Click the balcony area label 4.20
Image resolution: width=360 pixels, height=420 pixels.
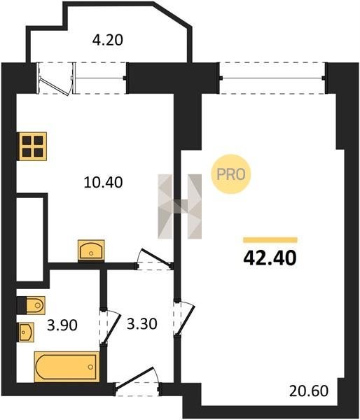pyautogui.click(x=107, y=40)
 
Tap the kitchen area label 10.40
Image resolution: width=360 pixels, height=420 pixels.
pyautogui.click(x=103, y=183)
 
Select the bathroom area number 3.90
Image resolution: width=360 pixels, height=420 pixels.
pyautogui.click(x=62, y=325)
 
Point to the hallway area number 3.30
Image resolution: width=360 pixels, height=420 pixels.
pyautogui.click(x=141, y=324)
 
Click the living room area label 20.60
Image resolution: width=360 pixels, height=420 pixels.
pyautogui.click(x=309, y=391)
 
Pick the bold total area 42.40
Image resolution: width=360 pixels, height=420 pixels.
pyautogui.click(x=270, y=258)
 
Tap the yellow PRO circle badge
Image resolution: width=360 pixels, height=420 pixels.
pyautogui.click(x=231, y=174)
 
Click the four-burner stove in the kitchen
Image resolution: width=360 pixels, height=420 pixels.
pyautogui.click(x=32, y=146)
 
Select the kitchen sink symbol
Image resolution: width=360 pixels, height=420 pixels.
pyautogui.click(x=91, y=250)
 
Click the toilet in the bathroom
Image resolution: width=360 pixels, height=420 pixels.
pyautogui.click(x=31, y=304)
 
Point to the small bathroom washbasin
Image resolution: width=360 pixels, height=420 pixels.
pyautogui.click(x=27, y=332)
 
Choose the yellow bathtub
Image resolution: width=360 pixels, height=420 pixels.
pyautogui.click(x=67, y=366)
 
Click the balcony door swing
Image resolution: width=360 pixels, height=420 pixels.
pyautogui.click(x=56, y=78)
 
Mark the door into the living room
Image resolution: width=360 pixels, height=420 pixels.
pyautogui.click(x=184, y=318)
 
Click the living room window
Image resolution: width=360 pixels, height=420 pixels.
pyautogui.click(x=272, y=78)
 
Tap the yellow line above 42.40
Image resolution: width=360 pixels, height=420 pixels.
pyautogui.click(x=270, y=239)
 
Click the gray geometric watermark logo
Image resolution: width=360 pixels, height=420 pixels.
pyautogui.click(x=179, y=206)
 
